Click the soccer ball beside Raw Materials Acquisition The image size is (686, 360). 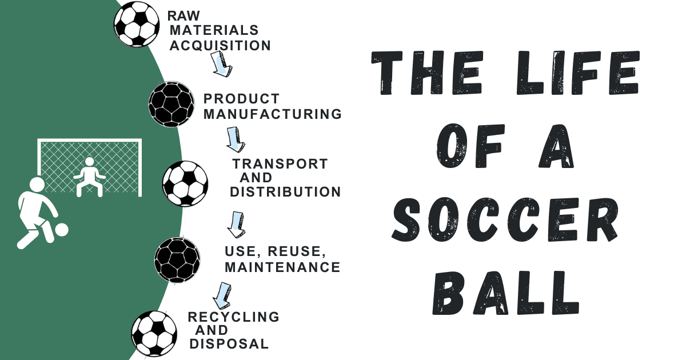pyautogui.click(x=137, y=24)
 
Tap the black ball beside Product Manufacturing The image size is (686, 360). pyautogui.click(x=171, y=104)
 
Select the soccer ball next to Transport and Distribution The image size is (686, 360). pyautogui.click(x=185, y=183)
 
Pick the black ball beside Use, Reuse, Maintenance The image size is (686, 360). pyautogui.click(x=177, y=260)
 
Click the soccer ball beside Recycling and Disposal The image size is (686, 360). pyautogui.click(x=154, y=334)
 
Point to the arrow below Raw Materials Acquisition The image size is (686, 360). pyautogui.click(x=221, y=64)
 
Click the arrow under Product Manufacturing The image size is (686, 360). pyautogui.click(x=236, y=139)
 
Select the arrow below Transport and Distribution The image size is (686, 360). pyautogui.click(x=237, y=225)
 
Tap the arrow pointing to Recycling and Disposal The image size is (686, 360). pyautogui.click(x=222, y=296)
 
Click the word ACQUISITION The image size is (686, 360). pyautogui.click(x=220, y=46)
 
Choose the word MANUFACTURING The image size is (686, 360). pyautogui.click(x=273, y=114)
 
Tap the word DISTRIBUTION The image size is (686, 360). pyautogui.click(x=285, y=192)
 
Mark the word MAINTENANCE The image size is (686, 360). pyautogui.click(x=282, y=267)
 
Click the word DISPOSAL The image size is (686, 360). pyautogui.click(x=229, y=344)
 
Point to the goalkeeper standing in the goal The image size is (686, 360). pyautogui.click(x=89, y=177)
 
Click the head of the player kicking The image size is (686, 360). pyautogui.click(x=37, y=185)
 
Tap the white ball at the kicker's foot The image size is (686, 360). pyautogui.click(x=62, y=230)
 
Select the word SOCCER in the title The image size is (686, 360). pyautogui.click(x=505, y=219)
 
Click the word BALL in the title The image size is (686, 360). pyautogui.click(x=506, y=293)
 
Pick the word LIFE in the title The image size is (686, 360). pyautogui.click(x=577, y=73)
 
